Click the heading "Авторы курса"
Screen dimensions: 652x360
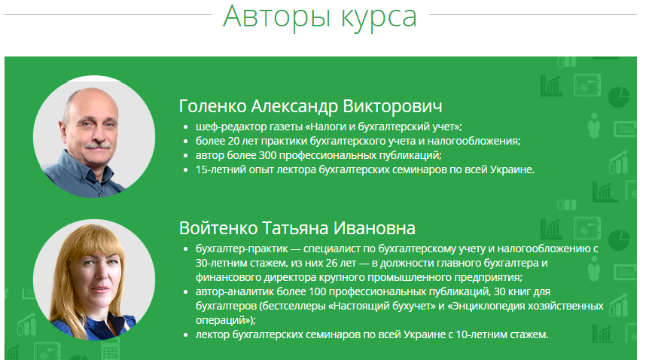(x=319, y=17)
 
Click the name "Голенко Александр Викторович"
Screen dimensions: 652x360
(x=310, y=106)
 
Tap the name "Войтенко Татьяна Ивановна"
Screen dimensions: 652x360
(x=297, y=228)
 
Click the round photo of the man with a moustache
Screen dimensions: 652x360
(x=94, y=136)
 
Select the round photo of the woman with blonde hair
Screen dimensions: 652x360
(x=94, y=279)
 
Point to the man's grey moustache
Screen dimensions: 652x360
(x=97, y=145)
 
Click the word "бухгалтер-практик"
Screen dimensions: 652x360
(x=242, y=249)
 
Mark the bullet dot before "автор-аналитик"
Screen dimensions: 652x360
(x=185, y=292)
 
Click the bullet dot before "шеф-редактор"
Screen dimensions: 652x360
(x=185, y=127)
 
